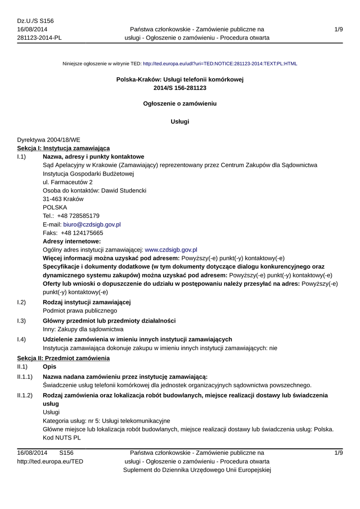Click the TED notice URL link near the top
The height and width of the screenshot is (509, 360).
[220, 64]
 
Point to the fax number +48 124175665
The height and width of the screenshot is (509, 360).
[82, 233]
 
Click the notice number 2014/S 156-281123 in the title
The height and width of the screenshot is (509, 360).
[180, 88]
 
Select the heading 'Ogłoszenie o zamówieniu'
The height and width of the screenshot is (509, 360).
[180, 104]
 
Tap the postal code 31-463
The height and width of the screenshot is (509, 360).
[54, 199]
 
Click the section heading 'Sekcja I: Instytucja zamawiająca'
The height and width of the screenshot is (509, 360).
[64, 148]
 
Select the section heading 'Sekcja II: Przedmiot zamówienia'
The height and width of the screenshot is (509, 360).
[63, 358]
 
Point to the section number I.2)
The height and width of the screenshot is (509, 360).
[21, 302]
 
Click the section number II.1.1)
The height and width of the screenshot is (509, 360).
[25, 377]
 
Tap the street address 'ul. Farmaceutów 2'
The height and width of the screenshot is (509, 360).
[68, 182]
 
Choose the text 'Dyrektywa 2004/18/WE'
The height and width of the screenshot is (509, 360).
[49, 140]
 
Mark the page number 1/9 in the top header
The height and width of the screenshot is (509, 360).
[339, 30]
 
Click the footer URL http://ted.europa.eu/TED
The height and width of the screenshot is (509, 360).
[50, 461]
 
